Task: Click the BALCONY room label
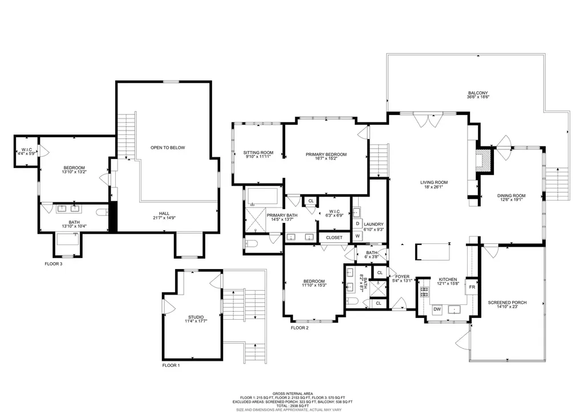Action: tap(478, 93)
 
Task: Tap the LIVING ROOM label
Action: tap(433, 183)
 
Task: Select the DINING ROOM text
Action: tap(512, 195)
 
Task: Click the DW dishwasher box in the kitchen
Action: tap(437, 309)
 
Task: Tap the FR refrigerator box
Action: tap(472, 287)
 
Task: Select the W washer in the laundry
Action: tap(358, 235)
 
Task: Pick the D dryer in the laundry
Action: tap(358, 223)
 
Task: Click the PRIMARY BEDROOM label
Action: tap(326, 154)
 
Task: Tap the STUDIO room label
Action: tap(196, 317)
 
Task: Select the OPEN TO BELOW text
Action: tap(168, 148)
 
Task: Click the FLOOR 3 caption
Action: tap(53, 264)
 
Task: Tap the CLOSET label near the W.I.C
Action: tap(334, 237)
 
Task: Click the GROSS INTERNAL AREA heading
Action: tap(291, 393)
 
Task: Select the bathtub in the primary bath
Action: tap(262, 197)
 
